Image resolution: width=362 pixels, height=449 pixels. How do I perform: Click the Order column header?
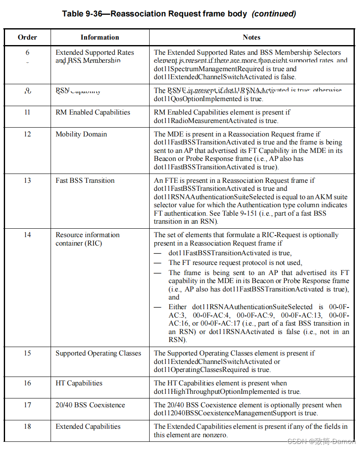(27, 37)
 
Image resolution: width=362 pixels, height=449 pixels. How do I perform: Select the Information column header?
(100, 37)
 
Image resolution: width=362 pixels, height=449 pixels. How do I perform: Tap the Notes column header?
(252, 37)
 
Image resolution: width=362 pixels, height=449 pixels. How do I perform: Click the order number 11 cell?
(27, 112)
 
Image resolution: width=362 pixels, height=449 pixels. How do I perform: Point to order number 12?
(27, 134)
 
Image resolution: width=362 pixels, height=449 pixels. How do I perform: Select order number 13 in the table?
(27, 181)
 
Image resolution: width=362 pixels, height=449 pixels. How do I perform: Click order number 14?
(27, 235)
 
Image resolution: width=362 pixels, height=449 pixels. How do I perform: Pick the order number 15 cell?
(27, 353)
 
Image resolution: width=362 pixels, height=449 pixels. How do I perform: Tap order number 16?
(27, 383)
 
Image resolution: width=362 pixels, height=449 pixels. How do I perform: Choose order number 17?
(27, 405)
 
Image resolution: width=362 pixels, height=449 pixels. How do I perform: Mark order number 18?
(27, 427)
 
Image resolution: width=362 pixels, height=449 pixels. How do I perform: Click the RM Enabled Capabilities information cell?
(93, 112)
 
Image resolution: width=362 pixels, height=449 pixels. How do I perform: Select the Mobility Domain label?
(81, 134)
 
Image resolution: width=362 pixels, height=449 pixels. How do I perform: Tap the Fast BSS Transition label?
(85, 181)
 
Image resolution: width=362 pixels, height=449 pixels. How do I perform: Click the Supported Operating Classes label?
(98, 353)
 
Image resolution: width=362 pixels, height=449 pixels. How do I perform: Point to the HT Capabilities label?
(79, 383)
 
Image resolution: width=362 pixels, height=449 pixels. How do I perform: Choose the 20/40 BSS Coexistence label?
(90, 405)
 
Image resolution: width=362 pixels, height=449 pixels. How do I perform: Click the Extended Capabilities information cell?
(88, 427)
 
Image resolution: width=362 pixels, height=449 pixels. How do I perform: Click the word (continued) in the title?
(274, 13)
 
